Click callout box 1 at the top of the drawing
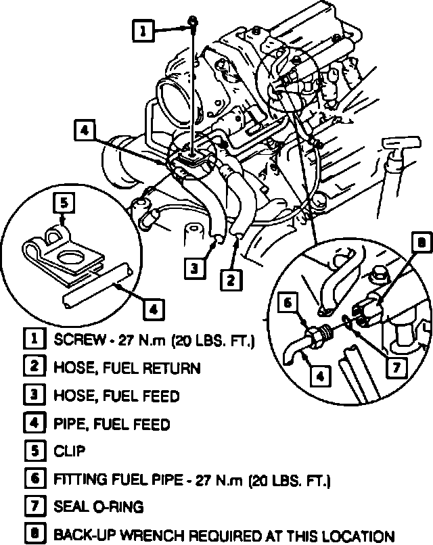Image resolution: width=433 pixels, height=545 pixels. (x=143, y=30)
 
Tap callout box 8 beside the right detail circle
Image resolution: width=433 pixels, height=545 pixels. (x=420, y=242)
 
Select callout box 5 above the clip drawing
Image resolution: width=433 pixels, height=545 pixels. (x=62, y=202)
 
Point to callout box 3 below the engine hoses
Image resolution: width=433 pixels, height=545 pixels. (x=194, y=268)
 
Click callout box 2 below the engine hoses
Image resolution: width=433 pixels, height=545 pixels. (x=231, y=278)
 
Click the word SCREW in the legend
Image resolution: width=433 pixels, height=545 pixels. (x=75, y=339)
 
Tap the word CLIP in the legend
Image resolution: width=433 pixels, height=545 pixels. (x=69, y=450)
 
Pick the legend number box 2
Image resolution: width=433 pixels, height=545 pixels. (x=33, y=367)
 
